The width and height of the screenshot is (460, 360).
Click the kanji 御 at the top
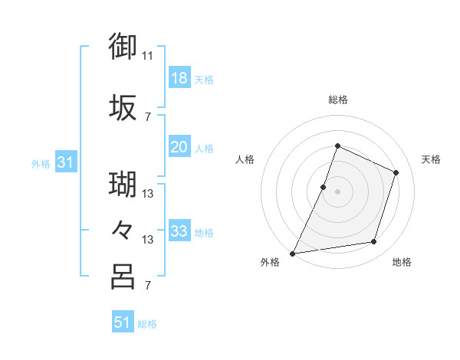123,45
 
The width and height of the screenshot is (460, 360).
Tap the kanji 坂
123,108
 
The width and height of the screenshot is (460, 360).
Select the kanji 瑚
123,184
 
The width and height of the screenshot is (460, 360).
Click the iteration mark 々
123,228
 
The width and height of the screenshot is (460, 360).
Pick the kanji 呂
123,276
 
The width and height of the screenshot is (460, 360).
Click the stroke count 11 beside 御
148,55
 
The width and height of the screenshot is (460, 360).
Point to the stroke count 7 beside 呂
147,286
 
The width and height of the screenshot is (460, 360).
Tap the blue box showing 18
179,78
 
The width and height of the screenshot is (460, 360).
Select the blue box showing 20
179,147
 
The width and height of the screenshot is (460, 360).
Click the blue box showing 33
179,231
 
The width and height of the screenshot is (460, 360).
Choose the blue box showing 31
66,162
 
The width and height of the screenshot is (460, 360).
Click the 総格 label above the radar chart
337,100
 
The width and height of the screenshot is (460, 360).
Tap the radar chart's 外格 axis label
270,263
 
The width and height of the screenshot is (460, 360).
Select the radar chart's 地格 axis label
402,263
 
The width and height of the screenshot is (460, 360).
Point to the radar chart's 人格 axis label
245,159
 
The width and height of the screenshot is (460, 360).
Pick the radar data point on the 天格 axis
396,172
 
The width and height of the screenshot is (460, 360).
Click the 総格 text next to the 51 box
147,324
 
